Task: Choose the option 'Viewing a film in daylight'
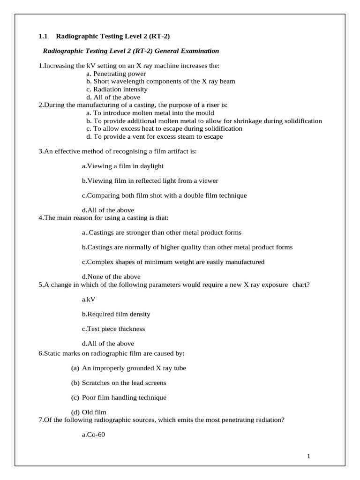tap(123, 166)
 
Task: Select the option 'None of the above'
tap(111, 277)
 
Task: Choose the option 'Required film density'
tap(116, 314)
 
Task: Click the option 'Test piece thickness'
tap(113, 329)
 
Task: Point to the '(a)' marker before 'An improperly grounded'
tap(75, 368)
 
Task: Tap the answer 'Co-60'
tap(94, 435)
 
